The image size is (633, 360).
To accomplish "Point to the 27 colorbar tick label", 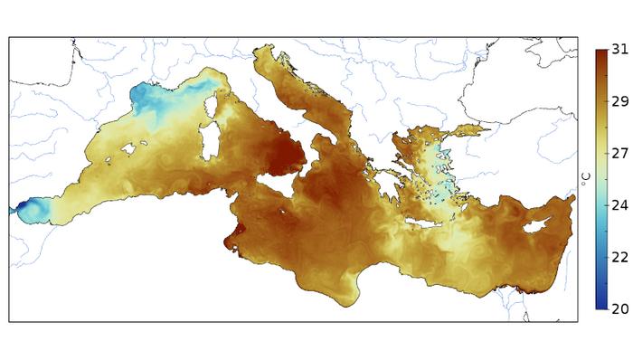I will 620,154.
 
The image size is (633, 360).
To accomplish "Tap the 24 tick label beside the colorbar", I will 620,205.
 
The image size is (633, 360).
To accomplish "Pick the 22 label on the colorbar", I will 620,257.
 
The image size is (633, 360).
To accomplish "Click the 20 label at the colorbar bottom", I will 620,308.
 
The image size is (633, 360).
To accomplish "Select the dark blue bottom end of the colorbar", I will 600,305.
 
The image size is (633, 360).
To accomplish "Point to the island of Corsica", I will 213,110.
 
